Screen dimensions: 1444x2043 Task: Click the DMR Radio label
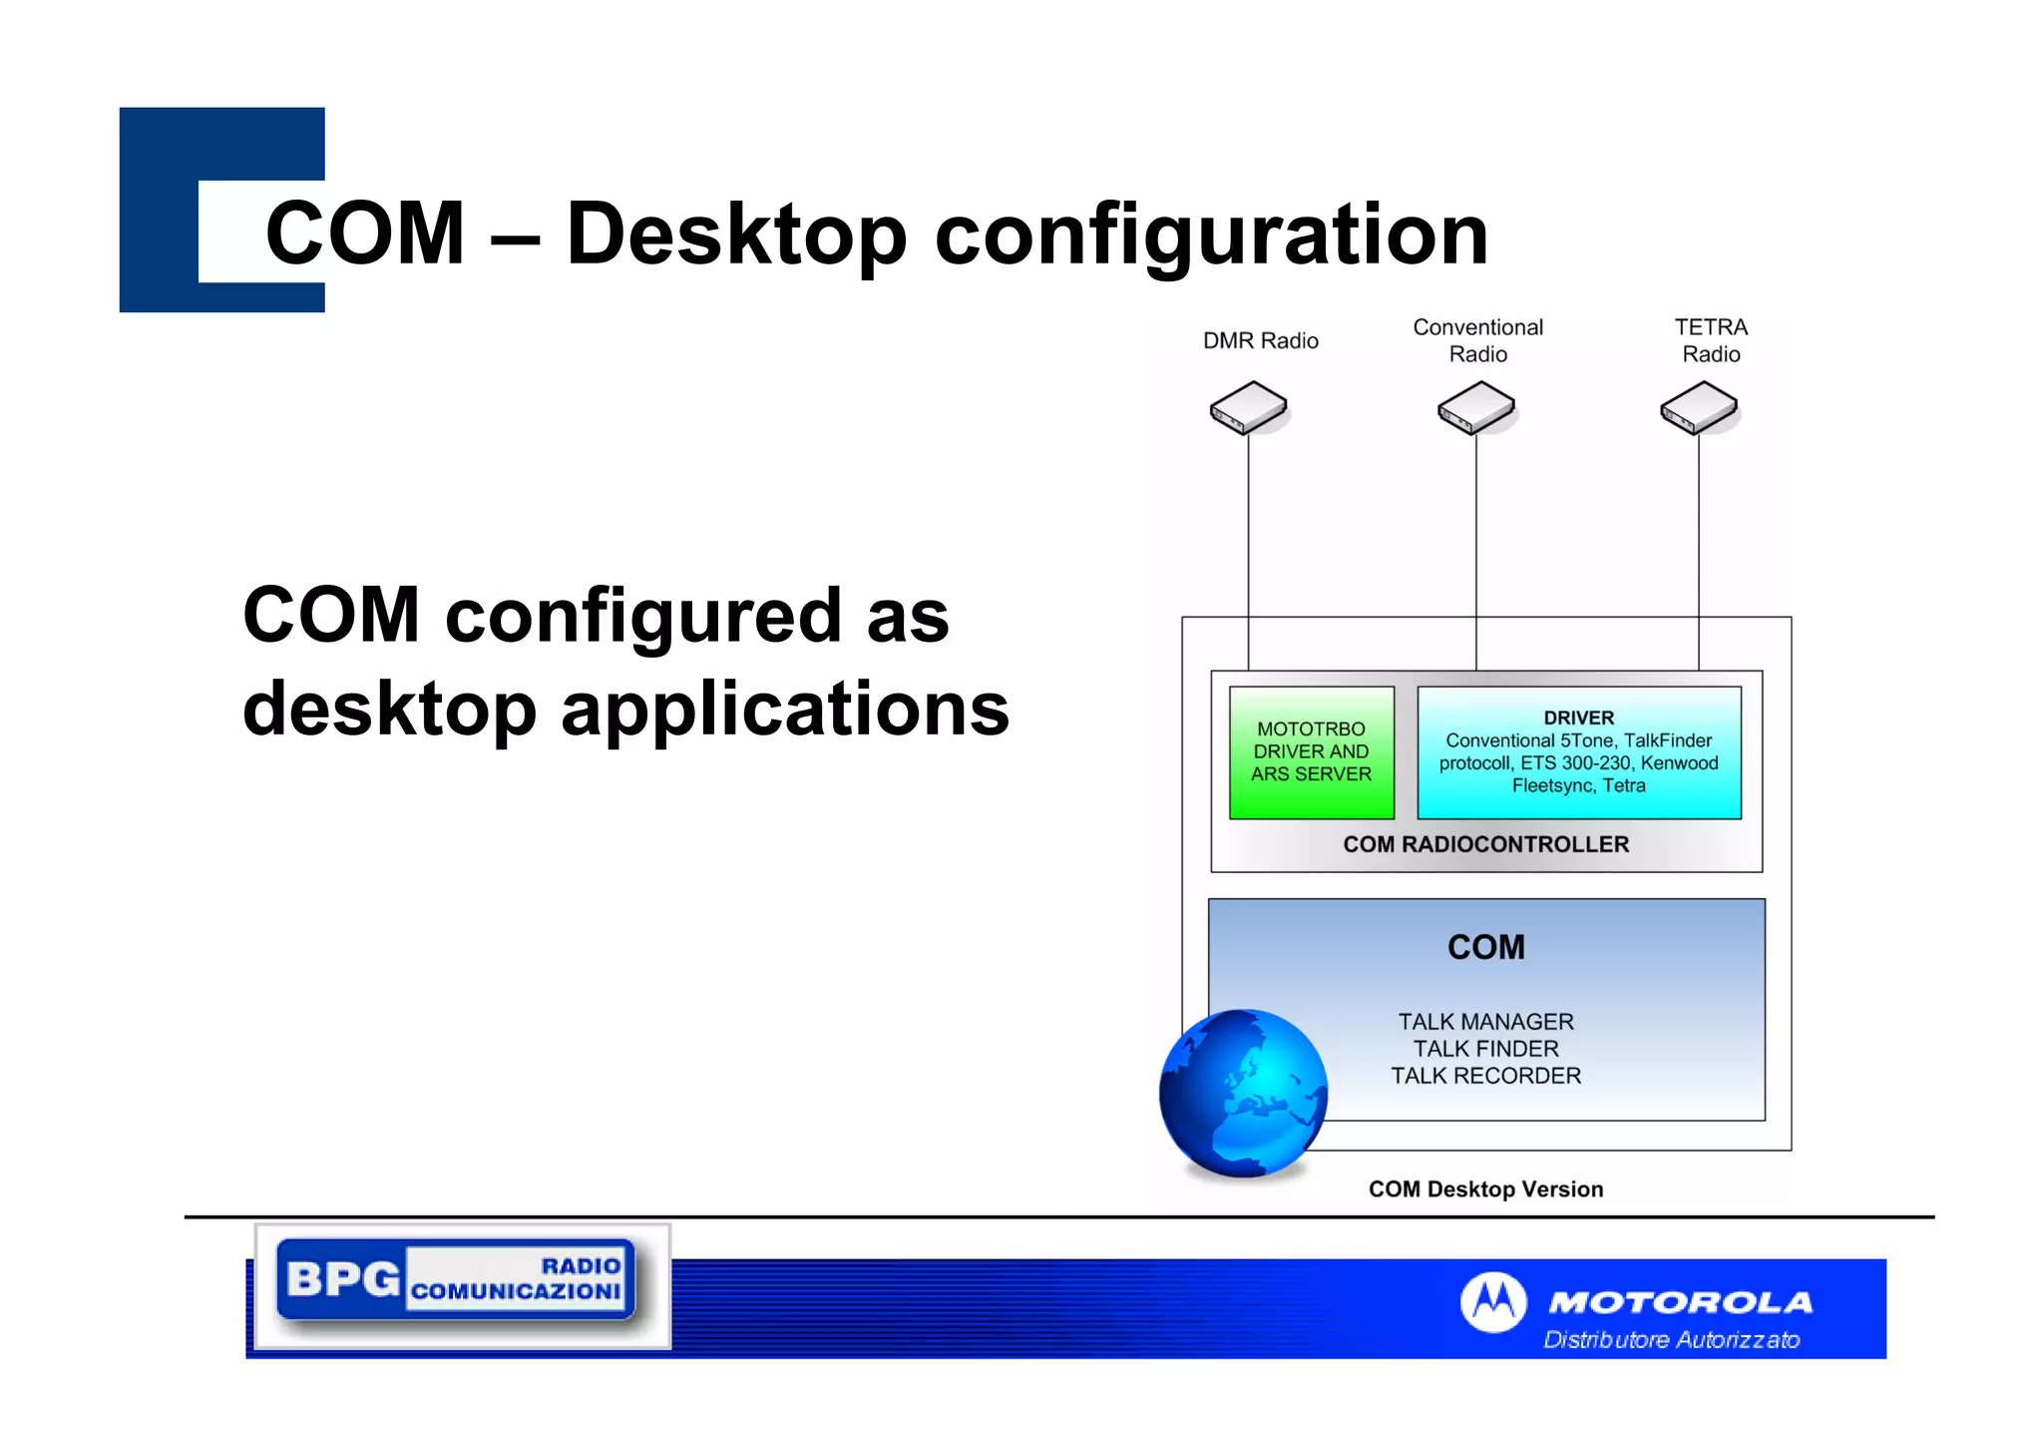pos(1260,341)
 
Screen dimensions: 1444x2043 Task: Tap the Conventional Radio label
pos(1477,340)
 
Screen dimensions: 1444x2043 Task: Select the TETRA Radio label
pos(1711,340)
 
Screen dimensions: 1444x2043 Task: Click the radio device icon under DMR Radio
pos(1248,408)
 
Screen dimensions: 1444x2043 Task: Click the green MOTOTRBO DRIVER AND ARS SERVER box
pos(1311,752)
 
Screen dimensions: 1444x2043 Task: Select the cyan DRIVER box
pos(1578,752)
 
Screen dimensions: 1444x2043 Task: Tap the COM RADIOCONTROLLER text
pos(1485,845)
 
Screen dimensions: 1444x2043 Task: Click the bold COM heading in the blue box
pos(1485,947)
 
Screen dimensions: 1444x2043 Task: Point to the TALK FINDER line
pos(1485,1049)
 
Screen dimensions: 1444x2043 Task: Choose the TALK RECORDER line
pos(1485,1076)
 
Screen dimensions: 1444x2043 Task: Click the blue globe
pos(1243,1093)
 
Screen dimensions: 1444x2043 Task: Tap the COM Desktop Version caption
pos(1485,1190)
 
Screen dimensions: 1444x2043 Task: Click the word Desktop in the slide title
pos(736,236)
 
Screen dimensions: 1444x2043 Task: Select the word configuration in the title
pos(1210,236)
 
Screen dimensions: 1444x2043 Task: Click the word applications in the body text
pos(785,709)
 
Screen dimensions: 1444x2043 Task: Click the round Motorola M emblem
pos(1492,1301)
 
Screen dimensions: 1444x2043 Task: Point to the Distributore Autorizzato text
pos(1671,1339)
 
